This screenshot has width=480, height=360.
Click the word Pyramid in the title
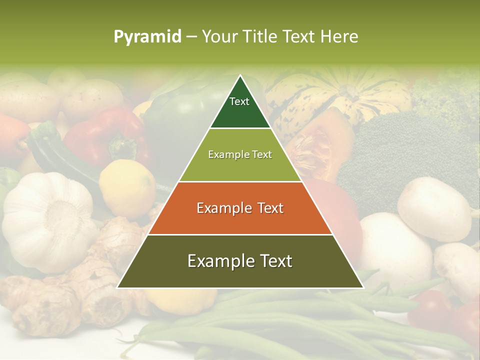147,37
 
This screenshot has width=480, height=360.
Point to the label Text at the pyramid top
239,101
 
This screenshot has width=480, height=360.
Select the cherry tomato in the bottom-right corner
430,307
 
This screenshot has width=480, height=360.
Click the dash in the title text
191,37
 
